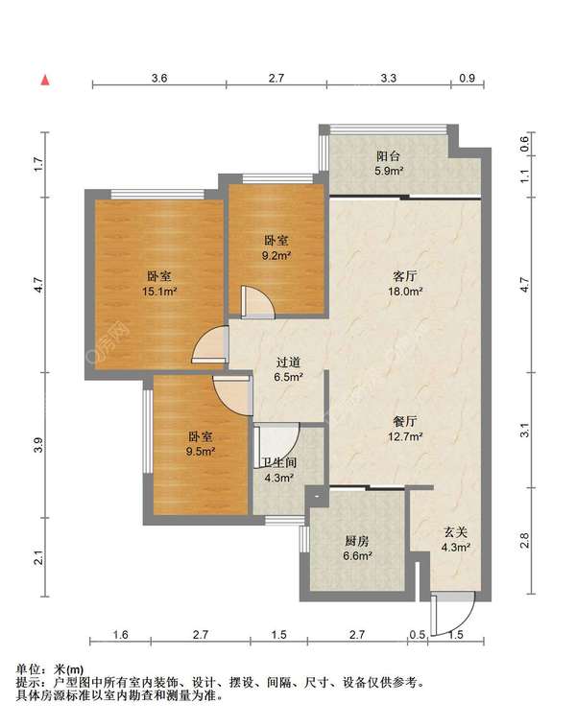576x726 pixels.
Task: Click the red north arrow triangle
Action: coord(45,81)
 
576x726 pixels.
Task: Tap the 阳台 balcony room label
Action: coord(389,156)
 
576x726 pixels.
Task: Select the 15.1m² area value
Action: coord(160,292)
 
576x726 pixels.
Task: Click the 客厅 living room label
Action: coord(404,276)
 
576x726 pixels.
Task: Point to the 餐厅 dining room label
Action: coord(404,421)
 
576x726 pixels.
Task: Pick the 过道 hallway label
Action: coord(288,363)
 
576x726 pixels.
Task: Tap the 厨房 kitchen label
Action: coord(357,540)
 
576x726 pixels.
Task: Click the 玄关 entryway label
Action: coord(455,532)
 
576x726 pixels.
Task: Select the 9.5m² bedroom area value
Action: coord(201,451)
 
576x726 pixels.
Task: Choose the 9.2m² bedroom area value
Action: coord(276,255)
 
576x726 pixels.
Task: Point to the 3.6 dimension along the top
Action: coord(159,78)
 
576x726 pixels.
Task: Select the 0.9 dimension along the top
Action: coord(468,78)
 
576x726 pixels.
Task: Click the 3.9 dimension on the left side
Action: coord(39,445)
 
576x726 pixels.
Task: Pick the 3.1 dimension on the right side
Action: coord(524,431)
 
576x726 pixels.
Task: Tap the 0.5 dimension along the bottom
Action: coord(417,634)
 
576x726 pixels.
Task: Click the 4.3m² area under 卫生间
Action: coord(279,478)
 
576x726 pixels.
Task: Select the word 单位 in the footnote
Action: coord(28,669)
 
